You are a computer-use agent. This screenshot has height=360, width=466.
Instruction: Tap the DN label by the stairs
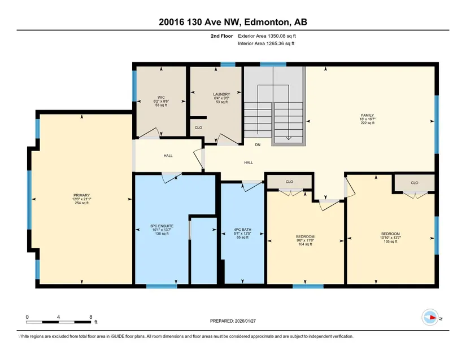pyautogui.click(x=258, y=145)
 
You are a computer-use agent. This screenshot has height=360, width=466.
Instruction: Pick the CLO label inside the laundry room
pyautogui.click(x=198, y=128)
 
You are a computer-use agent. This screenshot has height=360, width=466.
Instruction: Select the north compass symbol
pyautogui.click(x=430, y=317)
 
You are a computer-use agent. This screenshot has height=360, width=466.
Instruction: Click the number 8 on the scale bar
pyautogui.click(x=90, y=317)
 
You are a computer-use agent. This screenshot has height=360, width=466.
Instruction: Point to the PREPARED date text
pyautogui.click(x=233, y=321)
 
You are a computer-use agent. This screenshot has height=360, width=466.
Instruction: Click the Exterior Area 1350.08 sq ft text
pyautogui.click(x=267, y=36)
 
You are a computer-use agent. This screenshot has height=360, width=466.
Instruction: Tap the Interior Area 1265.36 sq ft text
pyautogui.click(x=266, y=43)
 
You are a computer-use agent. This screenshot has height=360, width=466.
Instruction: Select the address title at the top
pyautogui.click(x=233, y=22)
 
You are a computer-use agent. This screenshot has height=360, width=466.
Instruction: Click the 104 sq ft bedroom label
pyautogui.click(x=305, y=240)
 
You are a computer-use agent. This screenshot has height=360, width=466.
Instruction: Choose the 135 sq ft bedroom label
pyautogui.click(x=390, y=238)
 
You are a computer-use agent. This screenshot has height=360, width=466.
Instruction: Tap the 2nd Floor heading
pyautogui.click(x=222, y=36)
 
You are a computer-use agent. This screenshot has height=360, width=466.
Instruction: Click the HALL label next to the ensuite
pyautogui.click(x=168, y=156)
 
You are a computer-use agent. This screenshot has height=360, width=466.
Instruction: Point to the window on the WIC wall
pyautogui.click(x=134, y=86)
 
